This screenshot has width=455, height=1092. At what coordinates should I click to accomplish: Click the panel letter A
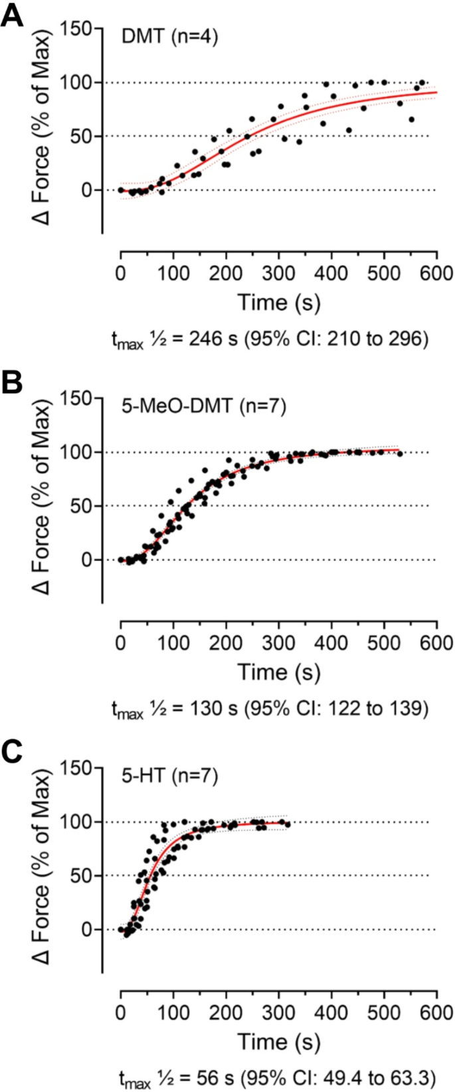click(13, 15)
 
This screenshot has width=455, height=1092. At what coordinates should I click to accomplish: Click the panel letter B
click(13, 384)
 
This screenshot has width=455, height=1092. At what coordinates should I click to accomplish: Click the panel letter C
click(13, 753)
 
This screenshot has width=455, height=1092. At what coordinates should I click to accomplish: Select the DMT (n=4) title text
click(169, 37)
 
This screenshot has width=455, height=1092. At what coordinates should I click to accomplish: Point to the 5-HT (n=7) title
click(169, 775)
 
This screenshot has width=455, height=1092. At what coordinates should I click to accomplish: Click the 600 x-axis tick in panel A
click(436, 273)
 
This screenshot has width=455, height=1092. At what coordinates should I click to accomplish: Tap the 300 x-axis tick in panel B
click(278, 642)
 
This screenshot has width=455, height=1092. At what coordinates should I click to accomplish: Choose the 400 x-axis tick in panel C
click(331, 1012)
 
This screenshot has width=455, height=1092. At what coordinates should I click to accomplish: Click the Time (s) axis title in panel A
click(278, 302)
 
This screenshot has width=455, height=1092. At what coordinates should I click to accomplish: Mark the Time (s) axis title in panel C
click(278, 1041)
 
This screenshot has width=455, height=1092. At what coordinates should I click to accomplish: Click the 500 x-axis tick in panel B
click(383, 642)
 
